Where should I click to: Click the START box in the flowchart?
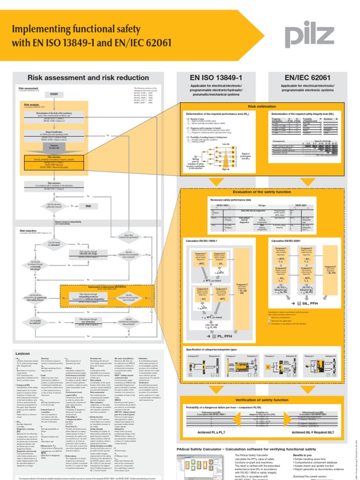pyautogui.click(x=54, y=94)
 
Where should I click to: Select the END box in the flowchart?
pyautogui.click(x=88, y=206)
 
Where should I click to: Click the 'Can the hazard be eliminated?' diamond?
pyautogui.click(x=52, y=243)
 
